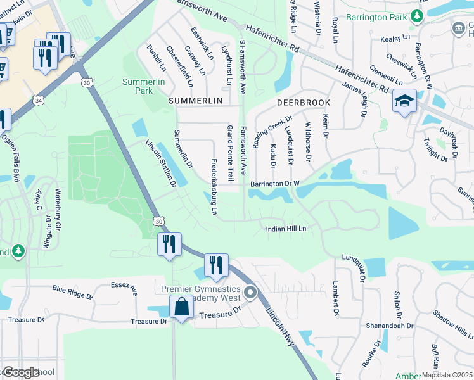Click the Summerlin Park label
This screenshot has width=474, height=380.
(138, 86)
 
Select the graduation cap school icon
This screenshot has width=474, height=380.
(404, 102)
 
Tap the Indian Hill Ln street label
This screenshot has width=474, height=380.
(286, 229)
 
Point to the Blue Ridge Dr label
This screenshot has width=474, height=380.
(72, 291)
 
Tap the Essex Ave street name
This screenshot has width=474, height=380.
(124, 289)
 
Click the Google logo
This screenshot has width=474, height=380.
(20, 372)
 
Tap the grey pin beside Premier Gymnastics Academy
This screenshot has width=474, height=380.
(251, 293)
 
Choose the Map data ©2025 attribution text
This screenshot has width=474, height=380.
(447, 375)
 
